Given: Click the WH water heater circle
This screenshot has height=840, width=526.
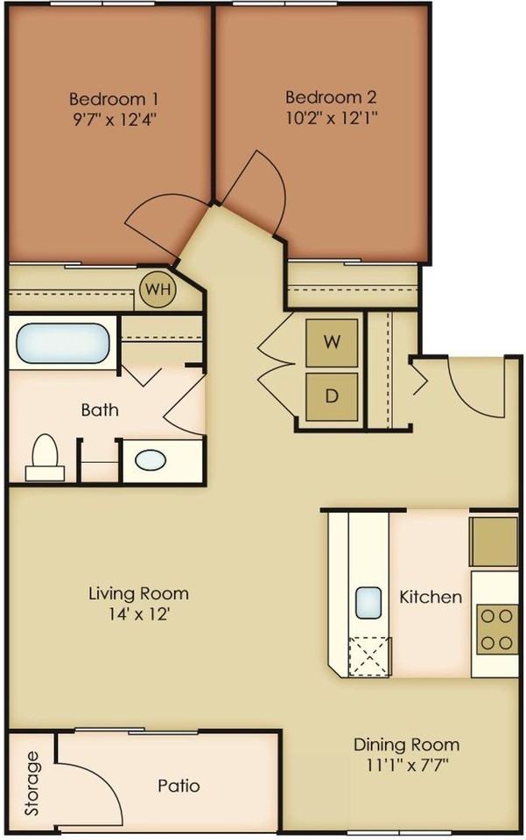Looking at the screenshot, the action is [157, 290].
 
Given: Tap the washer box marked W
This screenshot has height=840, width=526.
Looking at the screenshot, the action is [332, 343].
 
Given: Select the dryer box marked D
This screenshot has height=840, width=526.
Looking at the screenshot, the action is [332, 396].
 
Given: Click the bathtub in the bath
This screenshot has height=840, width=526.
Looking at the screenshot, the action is [63, 343].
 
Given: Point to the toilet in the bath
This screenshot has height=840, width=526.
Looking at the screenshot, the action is [45, 457].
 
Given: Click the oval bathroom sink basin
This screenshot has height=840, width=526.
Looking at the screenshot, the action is [151, 460].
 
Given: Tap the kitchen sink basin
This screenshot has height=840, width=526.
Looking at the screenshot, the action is [369, 601].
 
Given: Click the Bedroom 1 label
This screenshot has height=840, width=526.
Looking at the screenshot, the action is [114, 99].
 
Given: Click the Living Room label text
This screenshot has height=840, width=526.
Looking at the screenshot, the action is [139, 593].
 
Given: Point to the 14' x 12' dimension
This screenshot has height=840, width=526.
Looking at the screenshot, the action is [139, 614].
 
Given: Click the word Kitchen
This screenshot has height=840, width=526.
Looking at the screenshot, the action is [431, 597].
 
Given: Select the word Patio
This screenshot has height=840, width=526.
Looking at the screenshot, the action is [179, 786].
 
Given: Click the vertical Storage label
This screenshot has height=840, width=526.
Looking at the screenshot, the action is [32, 783].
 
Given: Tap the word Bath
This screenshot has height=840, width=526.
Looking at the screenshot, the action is [100, 410].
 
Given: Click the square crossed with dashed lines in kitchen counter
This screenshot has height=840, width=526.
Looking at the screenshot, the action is [368, 657].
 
